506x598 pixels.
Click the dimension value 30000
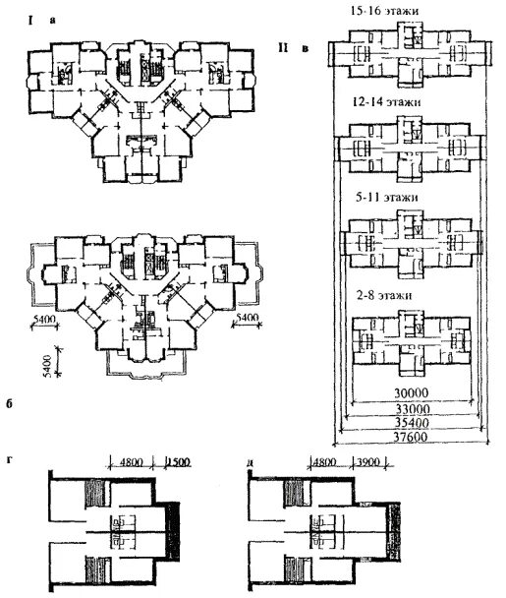(411, 392)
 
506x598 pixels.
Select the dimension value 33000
(412, 409)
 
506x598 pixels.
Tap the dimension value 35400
(412, 423)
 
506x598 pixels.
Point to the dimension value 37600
(410, 437)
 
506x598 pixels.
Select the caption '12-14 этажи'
(387, 102)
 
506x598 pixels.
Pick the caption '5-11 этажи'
(386, 197)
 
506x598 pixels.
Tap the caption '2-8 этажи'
(384, 296)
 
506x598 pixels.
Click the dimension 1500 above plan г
(178, 462)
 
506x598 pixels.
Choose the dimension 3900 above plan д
(368, 462)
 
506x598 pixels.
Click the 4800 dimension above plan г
(131, 462)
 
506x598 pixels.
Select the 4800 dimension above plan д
(325, 462)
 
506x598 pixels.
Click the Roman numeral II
(283, 48)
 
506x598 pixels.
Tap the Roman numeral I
(29, 21)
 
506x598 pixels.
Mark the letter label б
(9, 403)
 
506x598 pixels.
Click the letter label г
(9, 460)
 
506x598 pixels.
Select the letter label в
(305, 49)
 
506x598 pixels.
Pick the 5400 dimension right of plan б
(248, 318)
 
